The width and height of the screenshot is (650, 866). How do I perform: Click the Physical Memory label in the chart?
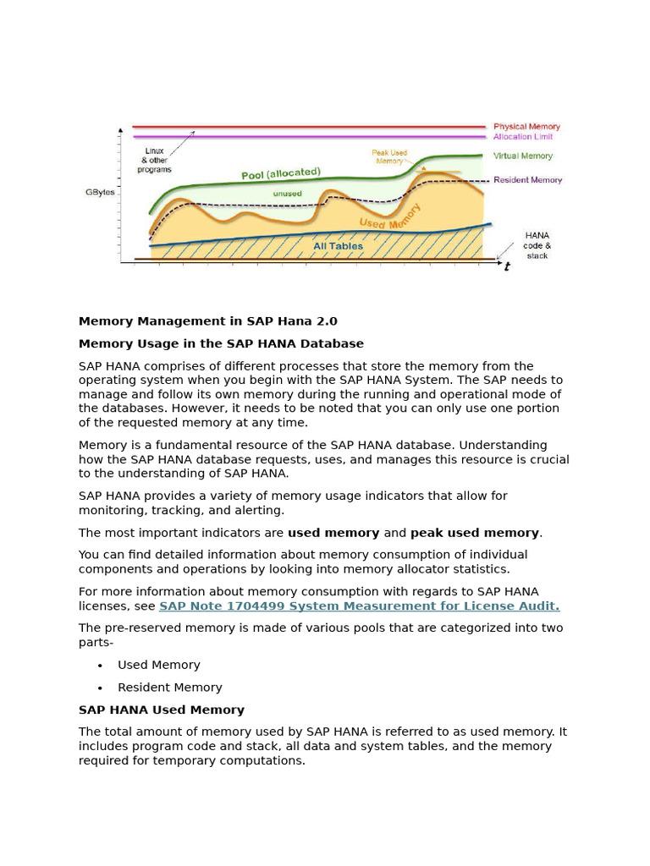click(526, 127)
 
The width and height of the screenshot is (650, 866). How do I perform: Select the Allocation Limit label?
click(525, 137)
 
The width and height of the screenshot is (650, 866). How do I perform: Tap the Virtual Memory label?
click(522, 156)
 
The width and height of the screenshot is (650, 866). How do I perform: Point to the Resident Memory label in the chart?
click(527, 180)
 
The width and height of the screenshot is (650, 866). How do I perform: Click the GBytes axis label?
click(100, 192)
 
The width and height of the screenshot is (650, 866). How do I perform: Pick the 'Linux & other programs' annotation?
click(154, 160)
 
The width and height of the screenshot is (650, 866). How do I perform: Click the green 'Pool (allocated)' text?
click(281, 173)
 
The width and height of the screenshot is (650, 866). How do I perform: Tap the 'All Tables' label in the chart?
click(338, 246)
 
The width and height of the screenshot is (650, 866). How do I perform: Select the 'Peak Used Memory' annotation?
click(389, 156)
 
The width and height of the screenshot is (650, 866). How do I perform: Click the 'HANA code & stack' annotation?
click(537, 245)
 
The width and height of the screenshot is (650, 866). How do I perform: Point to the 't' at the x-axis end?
click(507, 267)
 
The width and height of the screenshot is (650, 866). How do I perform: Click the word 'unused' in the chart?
click(287, 194)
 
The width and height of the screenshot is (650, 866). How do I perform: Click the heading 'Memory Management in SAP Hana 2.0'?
click(207, 321)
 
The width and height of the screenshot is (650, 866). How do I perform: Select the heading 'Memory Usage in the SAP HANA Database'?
click(221, 344)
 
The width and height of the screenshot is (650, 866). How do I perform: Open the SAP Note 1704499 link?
click(359, 606)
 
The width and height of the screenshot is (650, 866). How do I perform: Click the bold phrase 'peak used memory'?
click(474, 533)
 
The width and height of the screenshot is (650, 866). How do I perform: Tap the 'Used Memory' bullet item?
click(159, 666)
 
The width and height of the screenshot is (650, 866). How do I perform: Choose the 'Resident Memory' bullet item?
click(169, 688)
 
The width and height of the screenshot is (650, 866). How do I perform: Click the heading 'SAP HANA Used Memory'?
click(162, 710)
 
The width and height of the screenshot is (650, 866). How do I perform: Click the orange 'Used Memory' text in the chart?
click(390, 216)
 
